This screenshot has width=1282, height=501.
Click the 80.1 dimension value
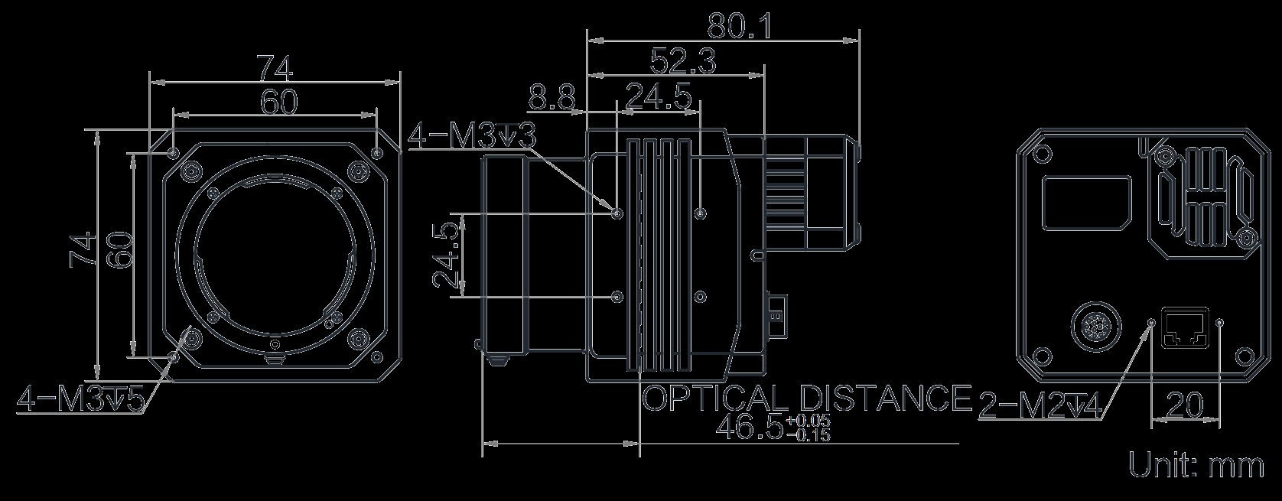click(740, 26)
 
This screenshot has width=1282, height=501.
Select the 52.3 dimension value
click(683, 60)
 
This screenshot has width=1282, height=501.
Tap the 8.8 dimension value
click(552, 98)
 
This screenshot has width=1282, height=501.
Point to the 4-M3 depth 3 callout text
click(473, 137)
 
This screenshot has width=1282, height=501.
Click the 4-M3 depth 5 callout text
click(81, 399)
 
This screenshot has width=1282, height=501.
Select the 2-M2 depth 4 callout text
click(1040, 406)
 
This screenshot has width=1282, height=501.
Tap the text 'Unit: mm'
click(1196, 465)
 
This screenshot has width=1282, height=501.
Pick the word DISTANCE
click(885, 398)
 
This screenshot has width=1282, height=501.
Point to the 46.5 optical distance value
click(749, 428)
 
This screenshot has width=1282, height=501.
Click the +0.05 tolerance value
click(809, 421)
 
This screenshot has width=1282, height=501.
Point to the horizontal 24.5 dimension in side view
click(659, 97)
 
